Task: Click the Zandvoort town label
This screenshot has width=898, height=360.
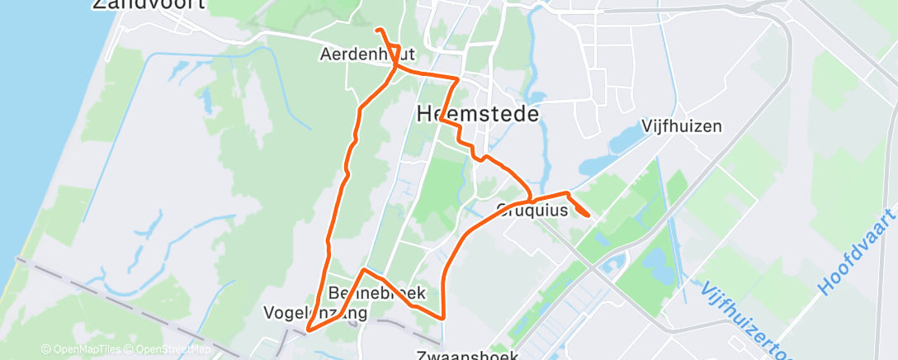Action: click(x=149, y=5)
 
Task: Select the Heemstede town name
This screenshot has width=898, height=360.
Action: click(x=478, y=113)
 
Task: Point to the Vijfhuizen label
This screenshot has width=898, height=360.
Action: click(x=682, y=126)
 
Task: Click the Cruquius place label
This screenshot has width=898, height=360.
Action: click(x=533, y=210)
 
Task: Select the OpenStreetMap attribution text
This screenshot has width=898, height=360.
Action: click(x=170, y=349)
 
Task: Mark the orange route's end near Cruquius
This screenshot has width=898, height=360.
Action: click(x=587, y=215)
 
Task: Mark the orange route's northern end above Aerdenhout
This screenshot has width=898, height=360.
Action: click(x=377, y=30)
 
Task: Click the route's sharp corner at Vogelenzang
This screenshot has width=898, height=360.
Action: click(x=308, y=329)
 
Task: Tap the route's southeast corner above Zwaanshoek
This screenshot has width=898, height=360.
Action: click(x=444, y=316)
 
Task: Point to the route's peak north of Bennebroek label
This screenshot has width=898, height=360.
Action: click(x=364, y=270)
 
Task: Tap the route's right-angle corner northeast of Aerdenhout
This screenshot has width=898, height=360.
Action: click(x=457, y=79)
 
